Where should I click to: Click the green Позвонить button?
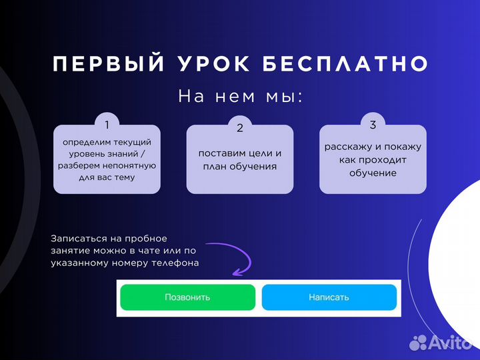pyautogui.click(x=187, y=297)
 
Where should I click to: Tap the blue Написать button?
pyautogui.click(x=329, y=297)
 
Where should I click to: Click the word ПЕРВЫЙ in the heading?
pyautogui.click(x=109, y=64)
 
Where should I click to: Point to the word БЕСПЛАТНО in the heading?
pyautogui.click(x=345, y=64)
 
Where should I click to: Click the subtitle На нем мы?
pyautogui.click(x=240, y=97)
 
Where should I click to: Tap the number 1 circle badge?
pyautogui.click(x=107, y=124)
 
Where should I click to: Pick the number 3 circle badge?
pyautogui.click(x=373, y=125)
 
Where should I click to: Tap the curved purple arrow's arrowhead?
pyautogui.click(x=237, y=270)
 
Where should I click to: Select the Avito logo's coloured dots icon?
pyautogui.click(x=418, y=343)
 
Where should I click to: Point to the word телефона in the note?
pyautogui.click(x=176, y=262)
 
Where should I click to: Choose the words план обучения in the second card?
pyautogui.click(x=240, y=167)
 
